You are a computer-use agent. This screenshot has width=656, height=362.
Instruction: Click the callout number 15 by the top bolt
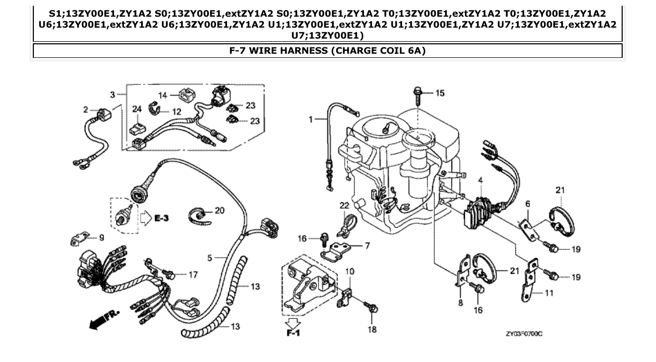pyautogui.click(x=440, y=93)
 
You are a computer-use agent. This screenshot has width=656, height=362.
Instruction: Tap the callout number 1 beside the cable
pyautogui.click(x=310, y=119)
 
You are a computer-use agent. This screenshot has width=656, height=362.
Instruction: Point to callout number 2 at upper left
pyautogui.click(x=85, y=110)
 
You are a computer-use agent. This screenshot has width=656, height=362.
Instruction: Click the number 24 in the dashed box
pyautogui.click(x=137, y=110)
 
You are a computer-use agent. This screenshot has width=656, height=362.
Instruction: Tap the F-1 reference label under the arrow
pyautogui.click(x=293, y=332)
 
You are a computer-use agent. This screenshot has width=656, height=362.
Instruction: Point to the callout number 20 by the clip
pyautogui.click(x=219, y=211)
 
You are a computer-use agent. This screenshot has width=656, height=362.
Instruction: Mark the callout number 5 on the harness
pyautogui.click(x=210, y=257)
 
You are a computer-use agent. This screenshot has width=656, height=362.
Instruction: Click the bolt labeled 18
pyautogui.click(x=372, y=308)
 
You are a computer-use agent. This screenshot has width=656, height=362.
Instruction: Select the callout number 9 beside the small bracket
pyautogui.click(x=101, y=238)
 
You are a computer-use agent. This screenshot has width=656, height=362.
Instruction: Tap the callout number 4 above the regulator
pyautogui.click(x=481, y=180)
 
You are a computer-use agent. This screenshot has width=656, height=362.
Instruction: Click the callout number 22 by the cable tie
pyautogui.click(x=344, y=206)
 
